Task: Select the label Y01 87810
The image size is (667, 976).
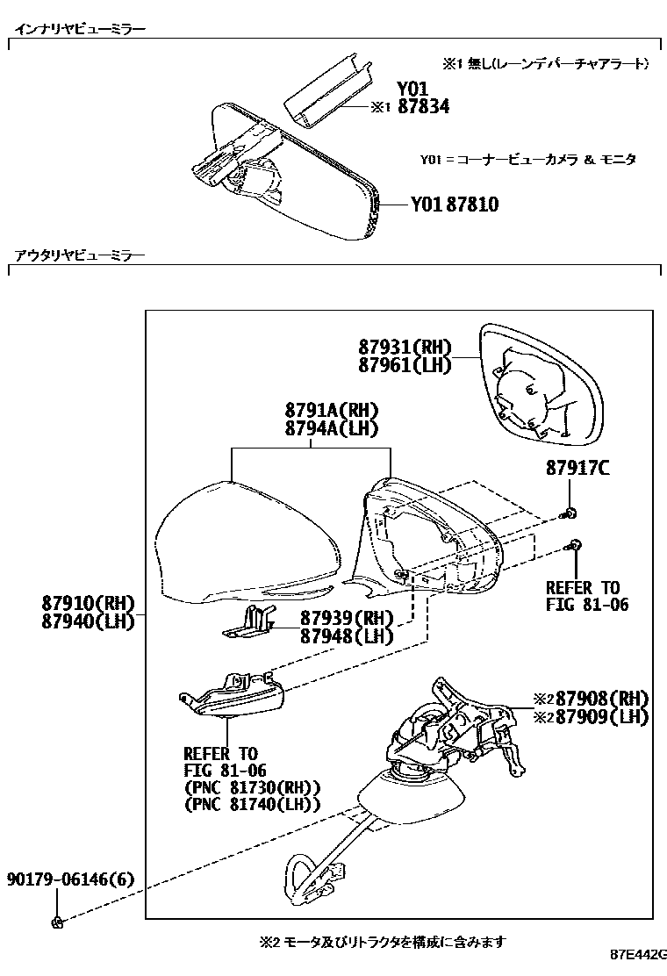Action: tap(455, 205)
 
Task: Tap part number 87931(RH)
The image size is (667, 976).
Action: tap(404, 347)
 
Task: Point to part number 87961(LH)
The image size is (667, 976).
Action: tap(404, 364)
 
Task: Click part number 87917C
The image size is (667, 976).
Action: tap(577, 470)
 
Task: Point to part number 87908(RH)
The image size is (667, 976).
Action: tap(597, 699)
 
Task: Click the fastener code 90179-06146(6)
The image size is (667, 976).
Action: tap(71, 879)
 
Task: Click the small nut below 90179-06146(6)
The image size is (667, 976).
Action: tap(57, 921)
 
